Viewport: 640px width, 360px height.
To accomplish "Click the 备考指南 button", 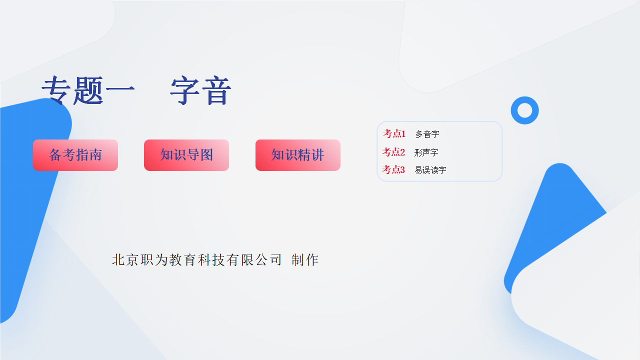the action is pos(75,155).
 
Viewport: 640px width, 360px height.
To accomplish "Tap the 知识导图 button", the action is pos(186,155).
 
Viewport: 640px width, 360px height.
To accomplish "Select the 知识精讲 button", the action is pos(297,155).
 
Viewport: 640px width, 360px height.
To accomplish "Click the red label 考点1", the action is pos(394,133).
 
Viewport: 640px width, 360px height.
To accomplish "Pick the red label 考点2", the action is pos(393,152).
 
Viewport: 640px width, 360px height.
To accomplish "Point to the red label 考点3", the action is pos(393,169).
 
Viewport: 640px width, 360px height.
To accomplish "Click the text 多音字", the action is pos(427,134).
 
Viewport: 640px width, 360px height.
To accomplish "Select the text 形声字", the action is pos(426,152).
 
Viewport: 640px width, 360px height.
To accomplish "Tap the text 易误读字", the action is pos(430,170).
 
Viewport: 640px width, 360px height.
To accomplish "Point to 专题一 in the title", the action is pos(88,90).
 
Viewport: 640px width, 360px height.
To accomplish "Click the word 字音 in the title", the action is pos(200,90).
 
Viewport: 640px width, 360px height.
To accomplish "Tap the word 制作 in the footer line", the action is pos(305,260).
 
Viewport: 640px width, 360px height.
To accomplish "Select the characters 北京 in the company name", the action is pos(125,260).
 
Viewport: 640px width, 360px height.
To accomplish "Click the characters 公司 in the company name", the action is pos(268,260).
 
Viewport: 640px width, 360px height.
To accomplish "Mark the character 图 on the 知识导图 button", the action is pos(207,155).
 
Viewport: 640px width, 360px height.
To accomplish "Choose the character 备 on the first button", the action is pos(55,155).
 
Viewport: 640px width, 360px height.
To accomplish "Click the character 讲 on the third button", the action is pos(317,155).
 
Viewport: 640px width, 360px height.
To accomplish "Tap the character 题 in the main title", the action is pos(88,90).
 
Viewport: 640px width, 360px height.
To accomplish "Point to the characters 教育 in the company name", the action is pos(182,260).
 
